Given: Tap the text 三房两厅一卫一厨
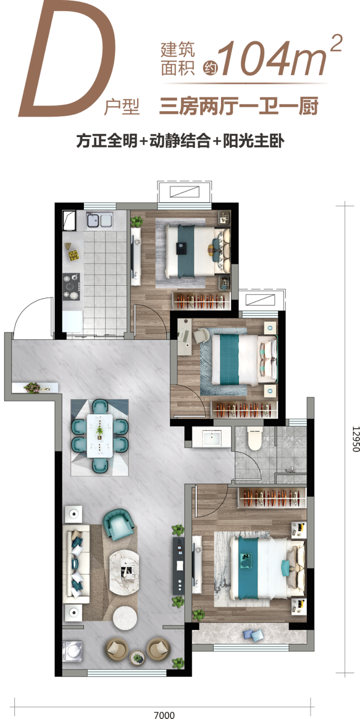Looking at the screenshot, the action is (238, 109).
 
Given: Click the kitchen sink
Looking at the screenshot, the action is (99, 220).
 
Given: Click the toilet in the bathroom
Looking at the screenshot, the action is (254, 439).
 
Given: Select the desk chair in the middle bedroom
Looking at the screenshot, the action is (203, 335).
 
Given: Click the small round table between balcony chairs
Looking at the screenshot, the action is (137, 658).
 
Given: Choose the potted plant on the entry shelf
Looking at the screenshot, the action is (32, 388).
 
